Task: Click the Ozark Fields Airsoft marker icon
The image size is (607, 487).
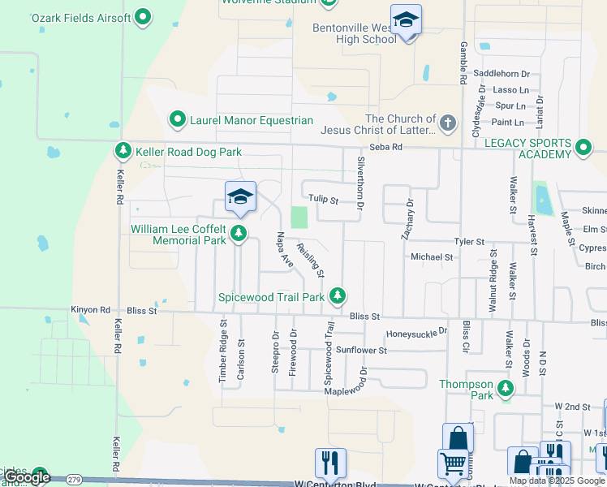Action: pos(143,15)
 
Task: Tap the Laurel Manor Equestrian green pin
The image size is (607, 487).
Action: pos(177,120)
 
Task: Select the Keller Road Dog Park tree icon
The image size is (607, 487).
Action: pos(123,151)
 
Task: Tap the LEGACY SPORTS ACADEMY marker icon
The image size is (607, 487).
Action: pos(583,148)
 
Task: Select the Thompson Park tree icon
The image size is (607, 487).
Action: pos(506,389)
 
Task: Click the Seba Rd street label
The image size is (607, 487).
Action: pos(385,147)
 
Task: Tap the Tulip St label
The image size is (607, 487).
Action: pos(322,199)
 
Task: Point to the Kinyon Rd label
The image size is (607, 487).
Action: pos(90,310)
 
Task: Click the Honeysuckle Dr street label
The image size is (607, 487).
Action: pos(416,332)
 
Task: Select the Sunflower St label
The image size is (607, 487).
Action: pos(362,350)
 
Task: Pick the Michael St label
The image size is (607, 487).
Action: pos(432,256)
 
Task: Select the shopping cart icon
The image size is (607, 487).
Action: pos(451,465)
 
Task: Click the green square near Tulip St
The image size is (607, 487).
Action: pos(299,218)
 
